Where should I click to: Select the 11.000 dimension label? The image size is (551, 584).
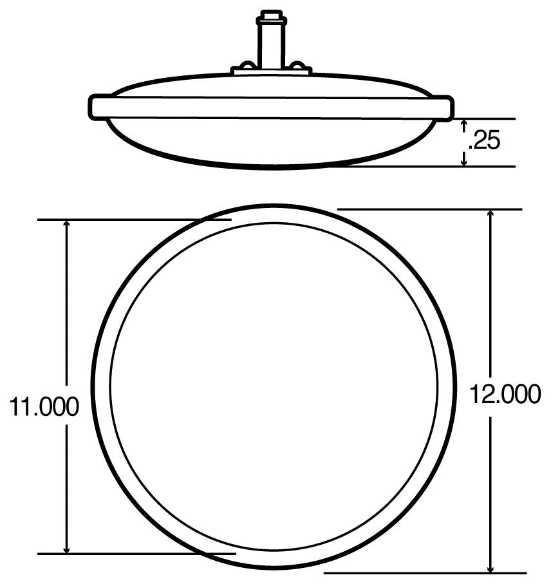tap(44, 406)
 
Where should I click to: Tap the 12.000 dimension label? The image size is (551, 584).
tap(505, 394)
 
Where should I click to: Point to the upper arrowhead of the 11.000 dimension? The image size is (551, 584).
tap(67, 225)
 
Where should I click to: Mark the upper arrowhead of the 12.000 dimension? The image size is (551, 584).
tap(491, 214)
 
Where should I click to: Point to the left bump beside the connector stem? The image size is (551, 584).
tap(247, 66)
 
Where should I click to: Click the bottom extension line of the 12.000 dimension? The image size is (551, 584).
tap(425, 572)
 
